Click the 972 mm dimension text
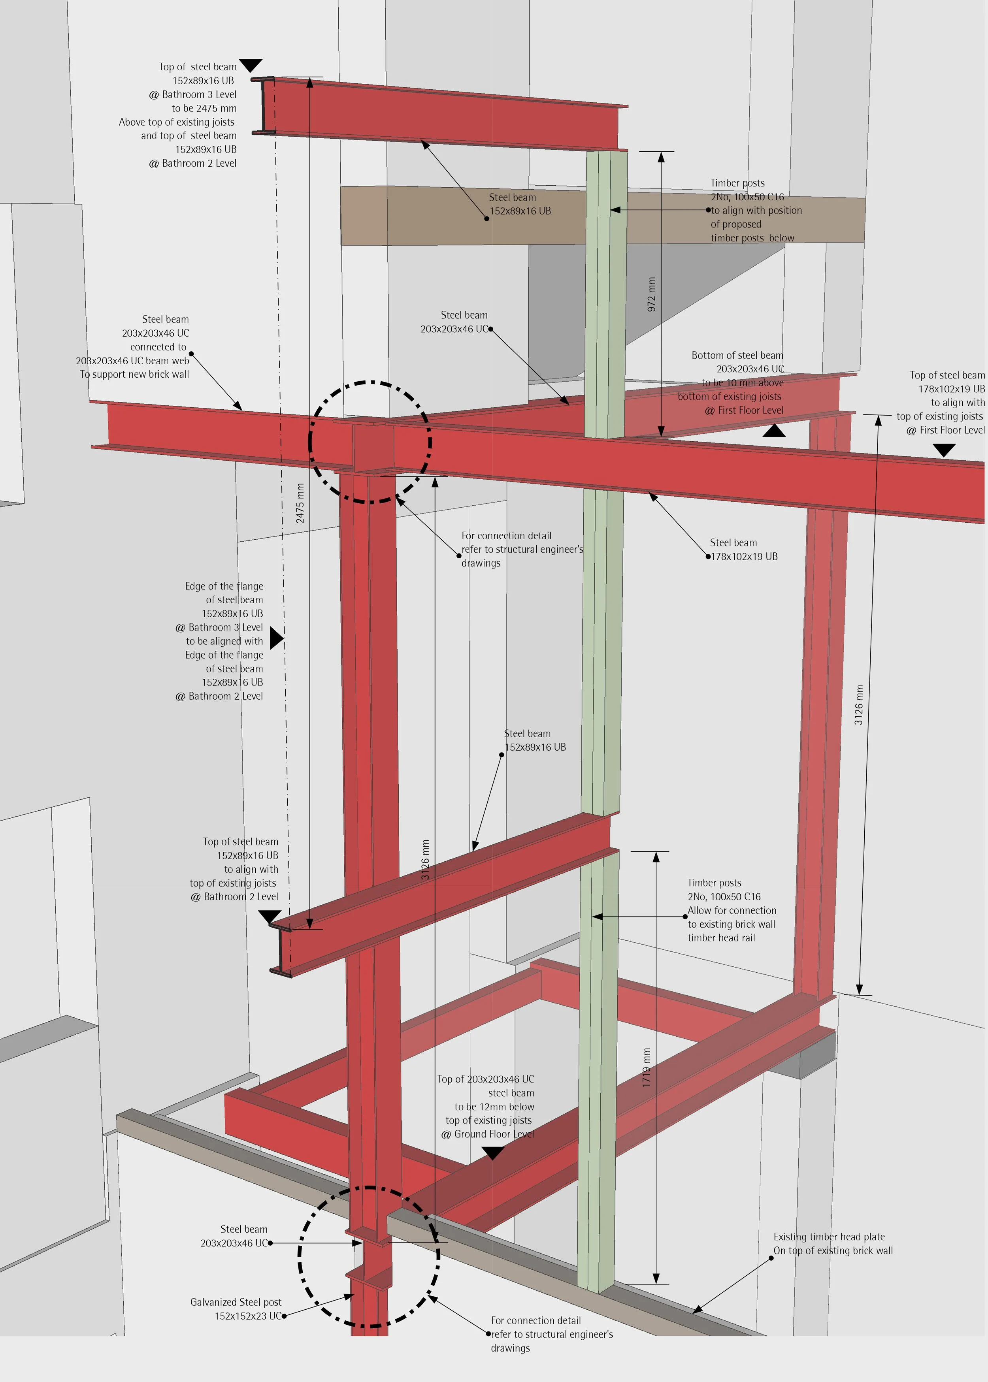tap(652, 294)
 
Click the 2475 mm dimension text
tap(300, 503)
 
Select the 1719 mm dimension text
tap(646, 1068)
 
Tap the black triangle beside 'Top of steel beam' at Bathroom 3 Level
tap(250, 64)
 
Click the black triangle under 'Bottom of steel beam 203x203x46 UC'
tap(773, 431)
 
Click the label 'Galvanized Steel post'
tap(236, 1302)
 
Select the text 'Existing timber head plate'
tap(829, 1236)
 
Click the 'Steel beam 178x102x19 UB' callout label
tap(743, 550)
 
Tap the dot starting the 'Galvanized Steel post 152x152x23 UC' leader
tap(283, 1316)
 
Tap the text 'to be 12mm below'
tap(494, 1107)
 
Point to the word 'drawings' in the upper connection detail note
tap(481, 563)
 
